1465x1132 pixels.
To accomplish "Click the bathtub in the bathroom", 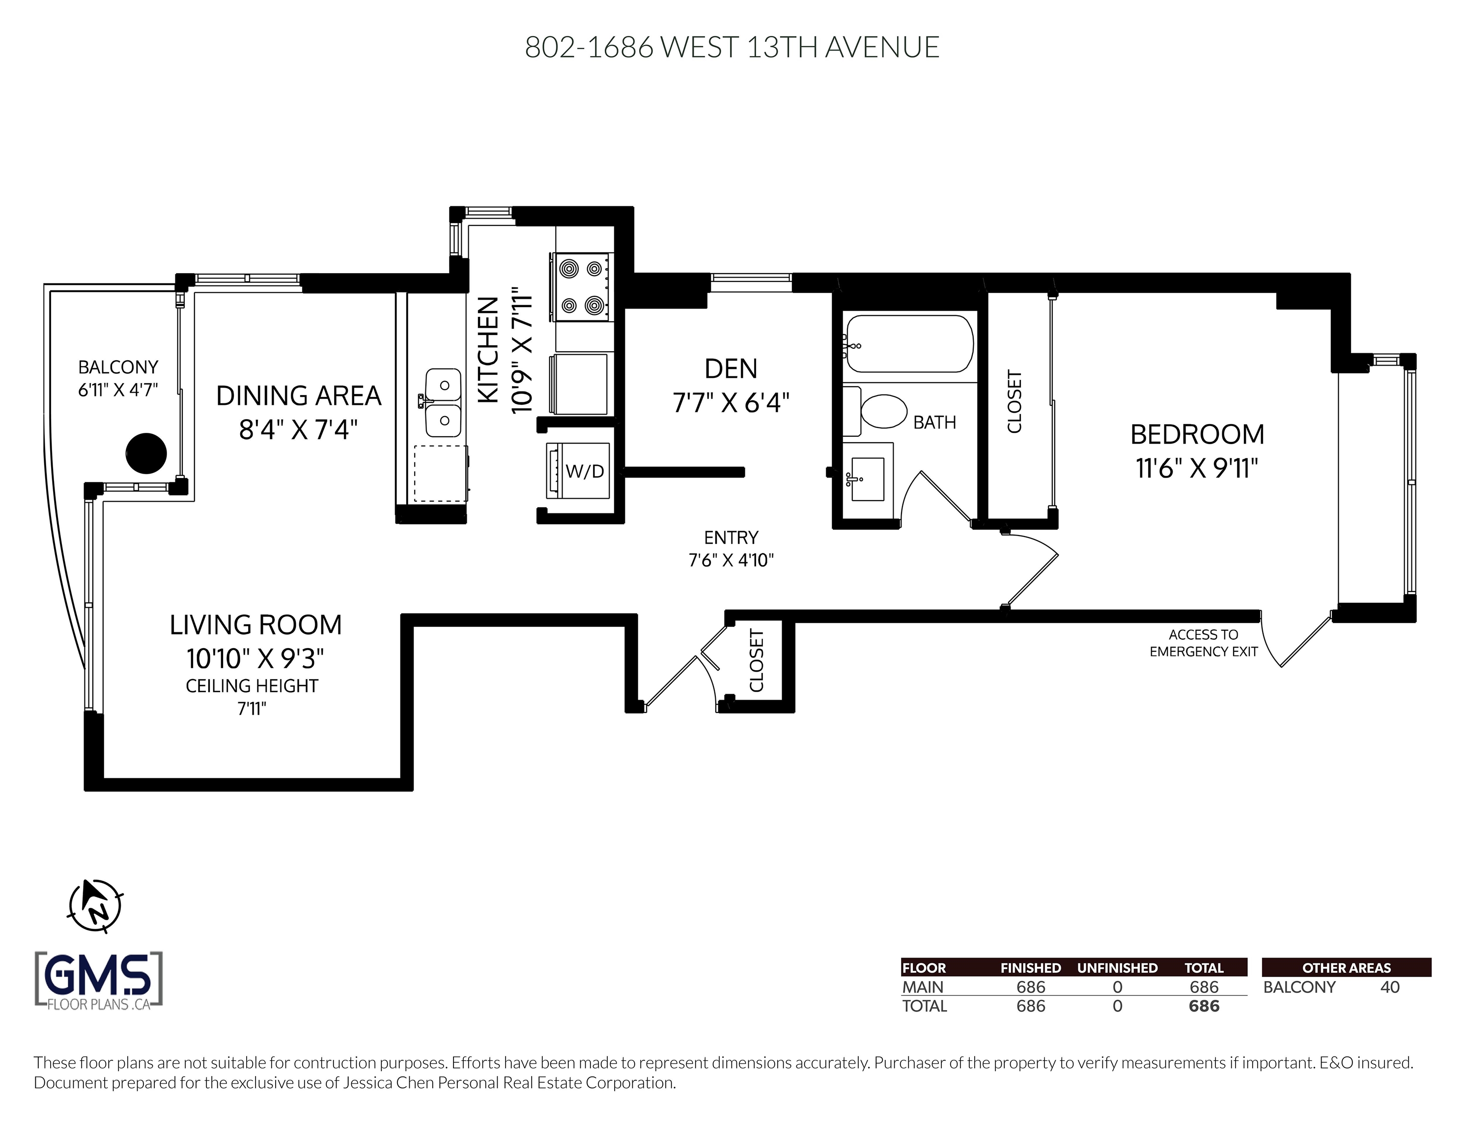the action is tap(909, 343).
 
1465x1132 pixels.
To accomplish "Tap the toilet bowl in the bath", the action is tap(883, 411).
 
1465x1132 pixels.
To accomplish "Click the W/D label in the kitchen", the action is tap(585, 471).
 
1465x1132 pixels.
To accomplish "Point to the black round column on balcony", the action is tap(146, 453).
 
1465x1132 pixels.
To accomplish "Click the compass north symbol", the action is tap(96, 906).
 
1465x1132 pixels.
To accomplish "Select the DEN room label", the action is tap(731, 368).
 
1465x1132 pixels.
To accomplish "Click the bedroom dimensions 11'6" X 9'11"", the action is tap(1197, 468).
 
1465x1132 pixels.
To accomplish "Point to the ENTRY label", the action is tap(731, 538).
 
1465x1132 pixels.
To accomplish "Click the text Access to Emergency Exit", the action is tap(1204, 643).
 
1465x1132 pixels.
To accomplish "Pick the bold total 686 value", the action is tap(1204, 1006).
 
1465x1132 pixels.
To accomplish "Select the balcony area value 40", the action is tap(1390, 987).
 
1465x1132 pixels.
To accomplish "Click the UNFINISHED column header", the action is tap(1118, 967).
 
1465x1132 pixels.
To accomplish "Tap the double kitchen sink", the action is tap(444, 402).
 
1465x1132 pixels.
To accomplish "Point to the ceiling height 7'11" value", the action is tap(252, 708).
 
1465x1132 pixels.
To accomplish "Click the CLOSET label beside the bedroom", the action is tap(1014, 401).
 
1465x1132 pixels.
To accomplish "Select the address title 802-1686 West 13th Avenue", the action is tap(732, 47).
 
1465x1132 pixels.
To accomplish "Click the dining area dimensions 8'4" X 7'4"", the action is tap(299, 429).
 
